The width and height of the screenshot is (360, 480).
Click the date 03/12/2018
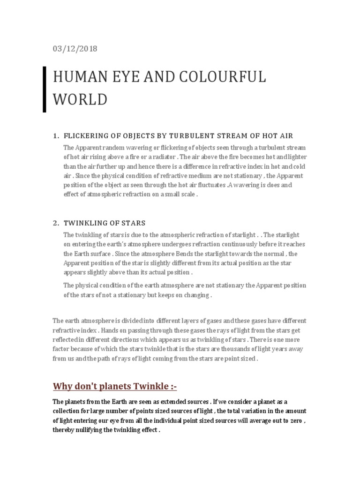tap(75, 49)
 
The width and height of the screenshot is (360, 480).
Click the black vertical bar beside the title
tap(45, 89)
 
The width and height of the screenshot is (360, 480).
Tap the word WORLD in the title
tap(80, 99)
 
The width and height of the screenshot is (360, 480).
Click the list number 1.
tap(55, 136)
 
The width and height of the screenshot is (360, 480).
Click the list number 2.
tap(55, 223)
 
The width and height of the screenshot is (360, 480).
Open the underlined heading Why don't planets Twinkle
tap(115, 386)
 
